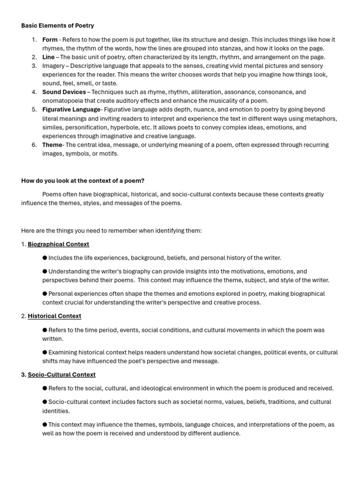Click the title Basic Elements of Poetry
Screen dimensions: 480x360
58,25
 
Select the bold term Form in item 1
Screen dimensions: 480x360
50,39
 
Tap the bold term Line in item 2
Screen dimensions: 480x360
48,57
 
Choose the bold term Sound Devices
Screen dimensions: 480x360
64,92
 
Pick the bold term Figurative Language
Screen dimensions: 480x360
71,110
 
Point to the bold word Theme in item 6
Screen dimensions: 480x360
52,145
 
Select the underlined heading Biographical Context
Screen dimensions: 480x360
58,244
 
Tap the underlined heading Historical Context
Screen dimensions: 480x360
54,316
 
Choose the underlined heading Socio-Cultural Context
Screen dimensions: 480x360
61,375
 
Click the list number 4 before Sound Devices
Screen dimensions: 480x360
34,92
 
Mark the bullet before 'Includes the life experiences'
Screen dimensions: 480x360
45,258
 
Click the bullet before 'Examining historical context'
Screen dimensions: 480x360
45,352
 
